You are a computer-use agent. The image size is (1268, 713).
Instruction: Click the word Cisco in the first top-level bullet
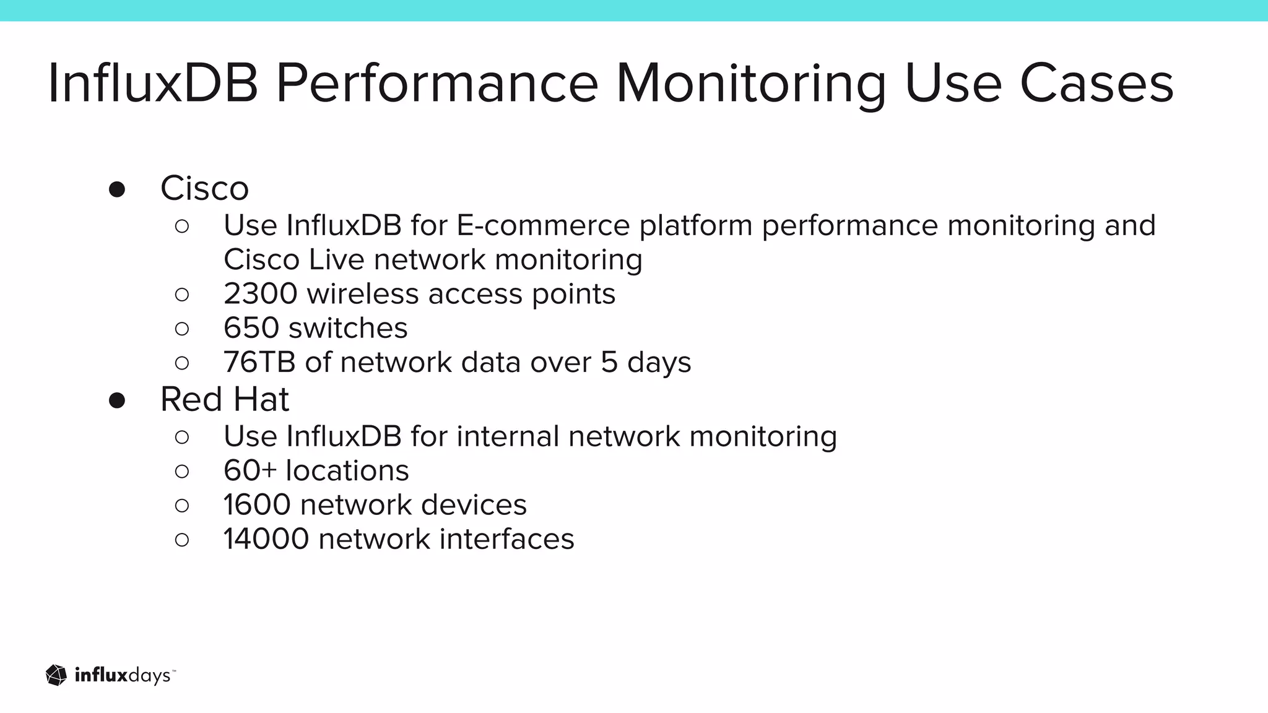click(204, 188)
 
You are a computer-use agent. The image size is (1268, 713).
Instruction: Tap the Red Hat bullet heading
click(224, 399)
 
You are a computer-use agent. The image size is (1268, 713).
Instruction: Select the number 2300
click(261, 294)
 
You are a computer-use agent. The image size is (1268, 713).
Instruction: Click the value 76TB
click(259, 363)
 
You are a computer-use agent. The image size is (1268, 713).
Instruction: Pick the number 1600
click(257, 505)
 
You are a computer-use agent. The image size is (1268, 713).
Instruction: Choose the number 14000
click(266, 539)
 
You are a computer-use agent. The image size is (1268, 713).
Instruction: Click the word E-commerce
click(543, 225)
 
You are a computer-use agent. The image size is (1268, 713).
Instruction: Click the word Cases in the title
click(1096, 84)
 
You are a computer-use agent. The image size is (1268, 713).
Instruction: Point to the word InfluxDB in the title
click(152, 84)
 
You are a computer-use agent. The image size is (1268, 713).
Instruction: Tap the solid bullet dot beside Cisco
click(117, 189)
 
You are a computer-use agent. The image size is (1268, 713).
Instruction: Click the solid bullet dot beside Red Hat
click(117, 400)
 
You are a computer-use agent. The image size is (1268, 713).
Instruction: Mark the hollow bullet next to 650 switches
click(182, 329)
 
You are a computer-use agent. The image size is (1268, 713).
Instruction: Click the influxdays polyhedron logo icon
click(56, 675)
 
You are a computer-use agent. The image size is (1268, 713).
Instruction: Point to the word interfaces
click(507, 539)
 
